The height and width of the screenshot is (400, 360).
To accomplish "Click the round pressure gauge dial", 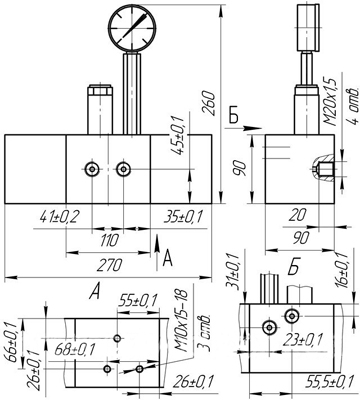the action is (133, 28).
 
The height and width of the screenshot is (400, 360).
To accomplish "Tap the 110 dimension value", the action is (109, 240).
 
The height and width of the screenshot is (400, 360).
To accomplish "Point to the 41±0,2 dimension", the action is (59, 217).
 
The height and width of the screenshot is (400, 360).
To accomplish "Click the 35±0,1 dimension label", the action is (183, 217).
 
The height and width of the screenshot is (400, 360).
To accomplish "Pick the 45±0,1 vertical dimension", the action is (177, 135).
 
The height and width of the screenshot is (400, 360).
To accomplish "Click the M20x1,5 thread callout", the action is (331, 101).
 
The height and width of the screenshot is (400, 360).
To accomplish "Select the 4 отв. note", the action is (353, 105).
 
